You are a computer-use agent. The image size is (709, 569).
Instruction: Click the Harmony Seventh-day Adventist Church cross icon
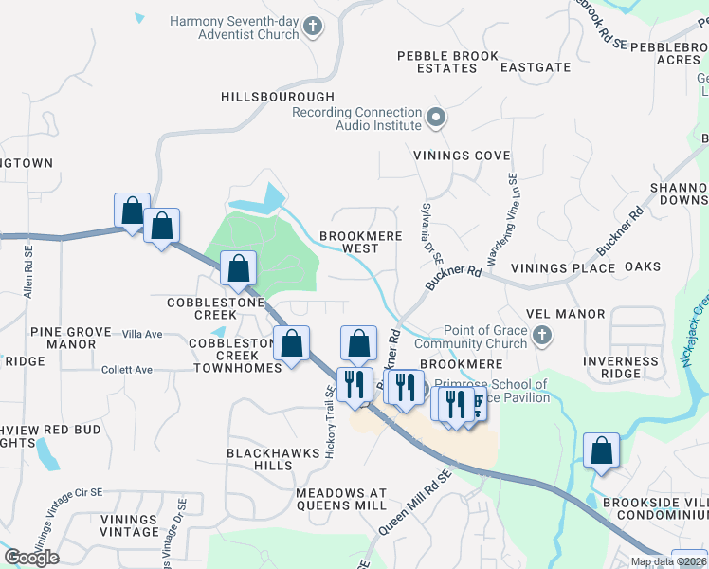pos(316,28)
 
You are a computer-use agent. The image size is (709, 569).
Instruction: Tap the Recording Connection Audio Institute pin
pos(436,119)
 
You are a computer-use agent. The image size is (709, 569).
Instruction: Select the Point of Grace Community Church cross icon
pos(541,336)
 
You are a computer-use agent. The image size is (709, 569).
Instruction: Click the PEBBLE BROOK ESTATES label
pos(448,63)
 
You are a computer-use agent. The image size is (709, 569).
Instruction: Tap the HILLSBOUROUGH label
pos(278,98)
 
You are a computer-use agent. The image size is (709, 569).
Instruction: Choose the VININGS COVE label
pos(462,156)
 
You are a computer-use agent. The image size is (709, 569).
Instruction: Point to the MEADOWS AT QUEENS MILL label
pos(341,500)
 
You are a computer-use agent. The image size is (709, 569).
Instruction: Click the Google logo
pos(31,558)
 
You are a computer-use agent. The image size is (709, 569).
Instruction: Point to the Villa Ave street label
pos(143,334)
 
